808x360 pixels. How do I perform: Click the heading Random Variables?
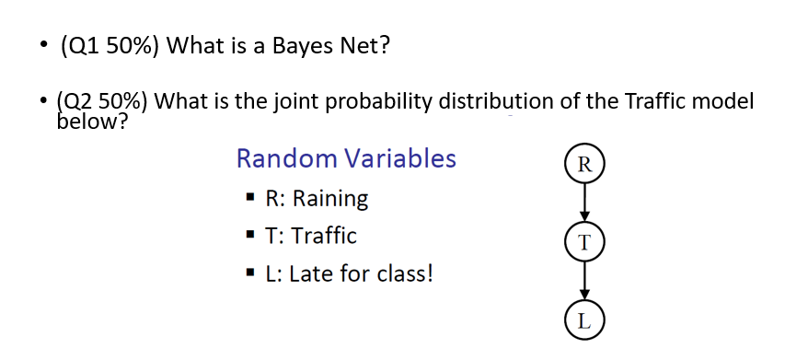point(346,158)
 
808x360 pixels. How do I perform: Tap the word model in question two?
point(725,101)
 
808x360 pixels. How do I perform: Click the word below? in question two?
point(91,122)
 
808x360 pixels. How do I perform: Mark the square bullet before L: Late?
point(249,274)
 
